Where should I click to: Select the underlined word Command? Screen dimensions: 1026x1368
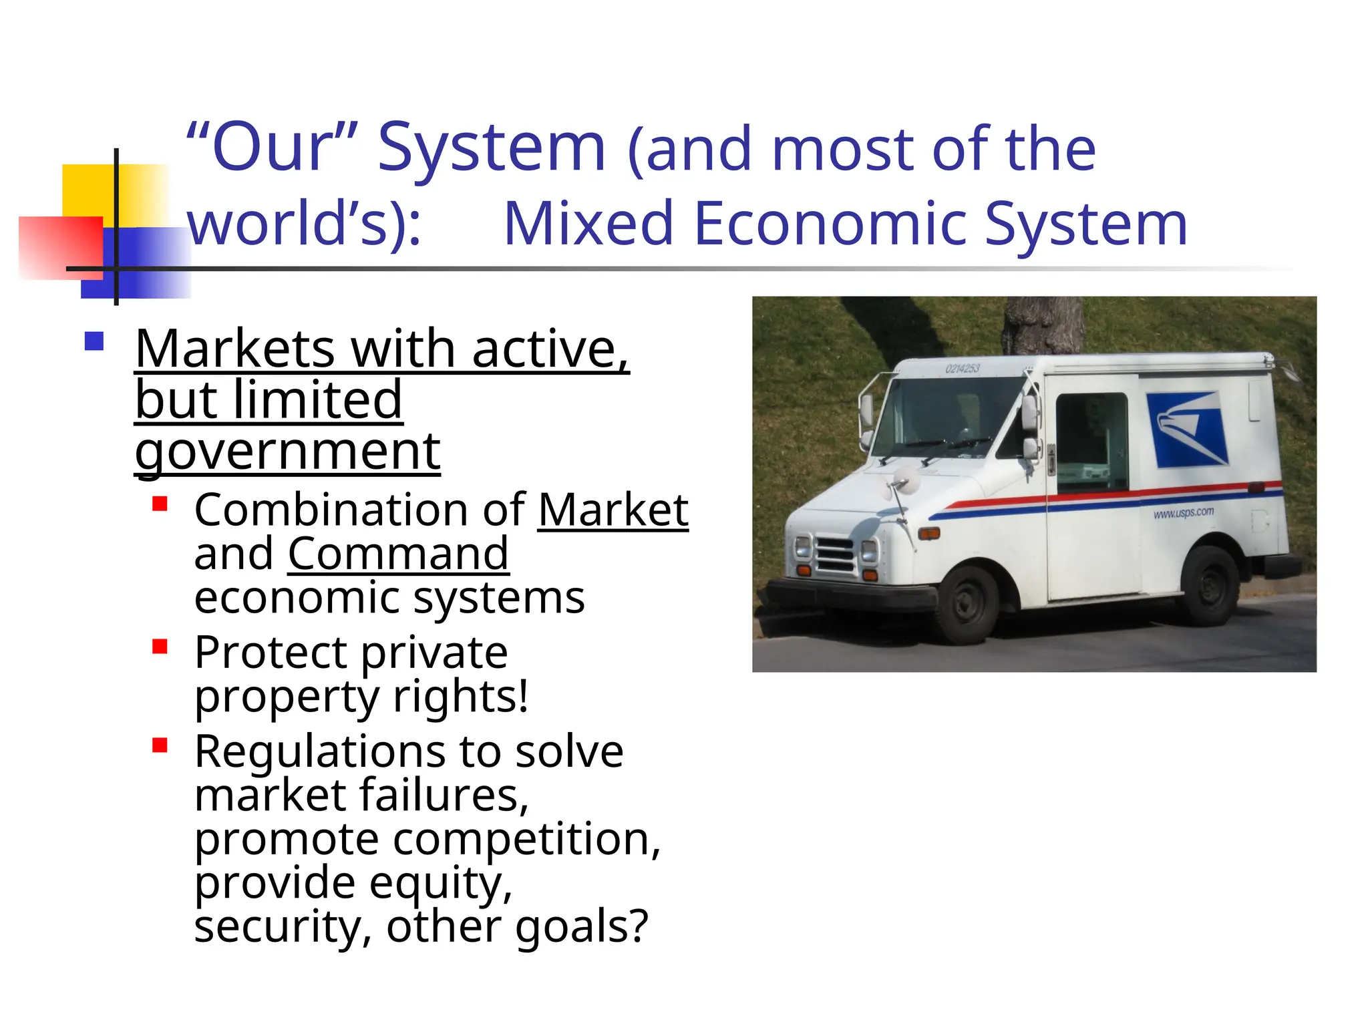[x=398, y=554]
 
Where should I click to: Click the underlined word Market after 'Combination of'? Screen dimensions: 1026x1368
[x=613, y=510]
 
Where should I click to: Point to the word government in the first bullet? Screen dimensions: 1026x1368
[x=287, y=452]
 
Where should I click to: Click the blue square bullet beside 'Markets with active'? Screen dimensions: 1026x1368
[x=94, y=341]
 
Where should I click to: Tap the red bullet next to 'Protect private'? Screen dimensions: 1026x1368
[x=160, y=646]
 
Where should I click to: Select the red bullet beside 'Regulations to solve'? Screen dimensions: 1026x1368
[x=160, y=745]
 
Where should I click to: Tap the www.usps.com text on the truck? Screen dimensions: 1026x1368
[x=1183, y=513]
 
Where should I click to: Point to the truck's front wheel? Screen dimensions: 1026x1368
[x=966, y=605]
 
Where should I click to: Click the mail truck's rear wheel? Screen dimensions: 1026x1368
[x=1208, y=586]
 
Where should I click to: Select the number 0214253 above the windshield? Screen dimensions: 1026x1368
[x=962, y=369]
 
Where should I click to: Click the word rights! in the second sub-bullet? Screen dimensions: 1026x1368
[x=460, y=696]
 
